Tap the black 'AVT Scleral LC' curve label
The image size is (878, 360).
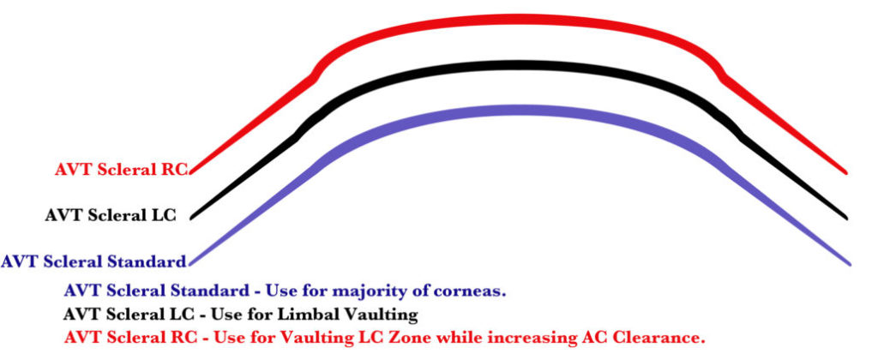(111, 215)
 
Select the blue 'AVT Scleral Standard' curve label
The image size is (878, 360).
(93, 261)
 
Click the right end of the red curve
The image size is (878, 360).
(845, 171)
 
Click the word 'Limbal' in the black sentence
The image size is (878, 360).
(313, 314)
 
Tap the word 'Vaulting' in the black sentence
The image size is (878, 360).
(385, 314)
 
